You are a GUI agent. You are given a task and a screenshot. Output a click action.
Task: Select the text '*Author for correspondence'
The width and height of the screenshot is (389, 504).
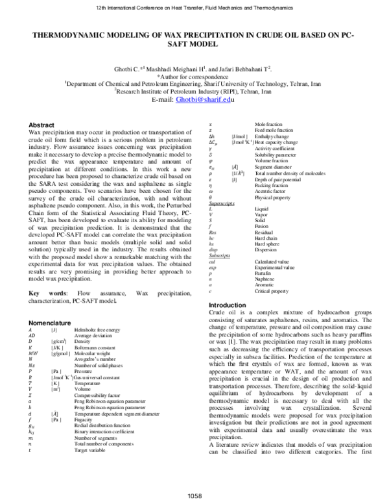pyautogui.click(x=193, y=77)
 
